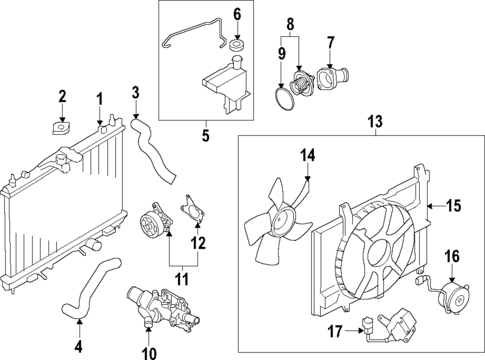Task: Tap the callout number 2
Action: pos(62,96)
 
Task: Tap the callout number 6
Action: pos(237,14)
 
